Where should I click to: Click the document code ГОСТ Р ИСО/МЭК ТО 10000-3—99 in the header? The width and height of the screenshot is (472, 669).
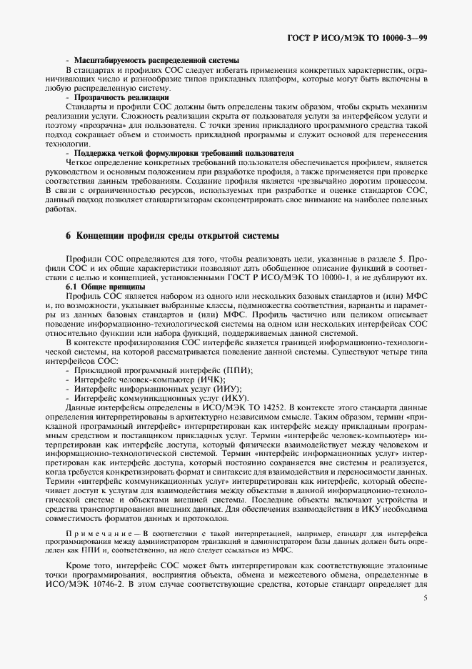(368, 37)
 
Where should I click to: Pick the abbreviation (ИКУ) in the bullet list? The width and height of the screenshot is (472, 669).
(234, 397)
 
